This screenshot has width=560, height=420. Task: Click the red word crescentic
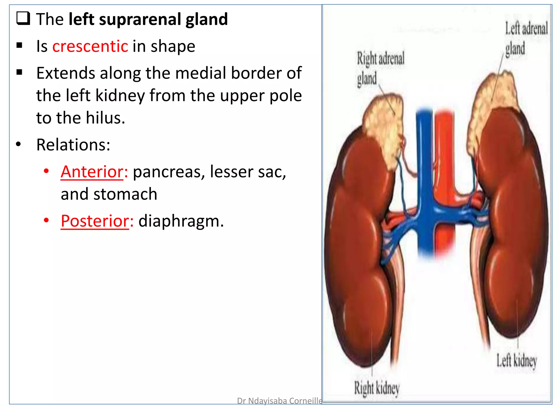click(90, 46)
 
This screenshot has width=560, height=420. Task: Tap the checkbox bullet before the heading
click(23, 19)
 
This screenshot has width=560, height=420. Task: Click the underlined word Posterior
click(95, 221)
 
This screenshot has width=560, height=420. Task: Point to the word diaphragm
click(181, 221)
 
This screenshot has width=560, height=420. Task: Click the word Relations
click(73, 145)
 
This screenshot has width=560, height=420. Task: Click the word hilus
click(105, 118)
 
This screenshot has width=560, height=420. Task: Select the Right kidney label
click(377, 388)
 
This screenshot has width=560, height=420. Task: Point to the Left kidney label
click(517, 360)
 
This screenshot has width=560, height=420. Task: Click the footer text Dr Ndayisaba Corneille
click(279, 401)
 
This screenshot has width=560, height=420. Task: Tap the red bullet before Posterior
click(46, 220)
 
